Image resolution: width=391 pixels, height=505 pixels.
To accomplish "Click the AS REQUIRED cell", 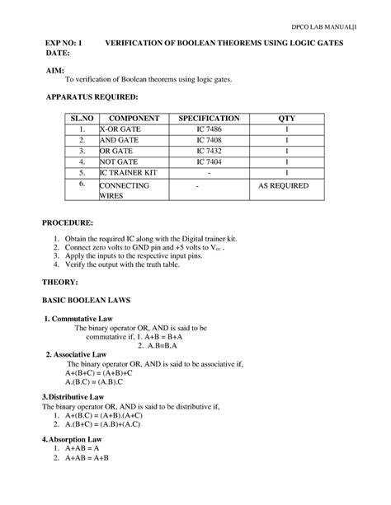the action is coord(286,186).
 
